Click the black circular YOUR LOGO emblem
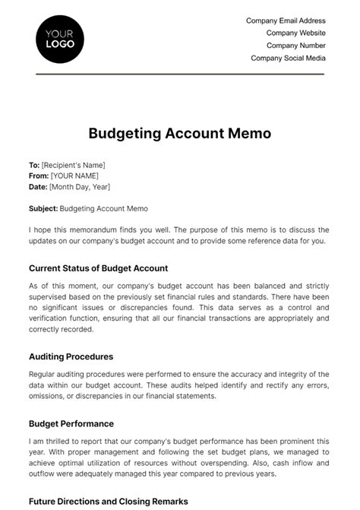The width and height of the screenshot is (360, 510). pos(60,38)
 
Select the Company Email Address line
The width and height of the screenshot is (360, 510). pos(286,21)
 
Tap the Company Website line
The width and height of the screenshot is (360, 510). pos(295,33)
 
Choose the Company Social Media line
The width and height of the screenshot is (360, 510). pos(288,58)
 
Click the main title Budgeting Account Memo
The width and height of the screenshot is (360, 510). pos(180,134)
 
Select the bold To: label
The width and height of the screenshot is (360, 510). pos(34,165)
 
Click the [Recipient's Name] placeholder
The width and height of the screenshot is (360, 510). pos(74,165)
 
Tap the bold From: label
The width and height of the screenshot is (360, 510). pos(39,176)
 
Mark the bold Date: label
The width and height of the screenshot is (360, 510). pos(38,186)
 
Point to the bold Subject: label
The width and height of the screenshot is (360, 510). pos(43,208)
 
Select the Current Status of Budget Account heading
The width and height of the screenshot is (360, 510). pos(98,268)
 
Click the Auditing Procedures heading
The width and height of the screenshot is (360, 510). pos(71,356)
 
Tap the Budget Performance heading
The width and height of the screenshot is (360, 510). pos(71,423)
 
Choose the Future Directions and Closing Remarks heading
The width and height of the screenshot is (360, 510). pos(109,502)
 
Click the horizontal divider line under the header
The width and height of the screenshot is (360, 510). pos(180,74)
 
